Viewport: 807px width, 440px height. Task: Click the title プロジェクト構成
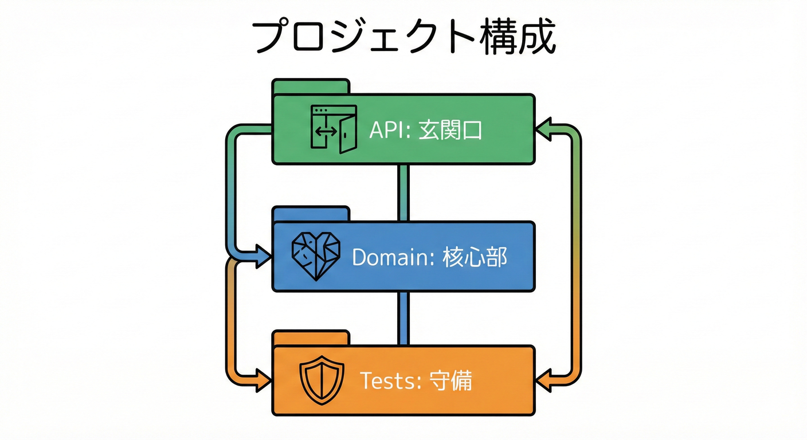pyautogui.click(x=403, y=38)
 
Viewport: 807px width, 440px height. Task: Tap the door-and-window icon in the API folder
pyautogui.click(x=333, y=129)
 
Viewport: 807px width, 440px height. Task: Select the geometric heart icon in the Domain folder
pyautogui.click(x=316, y=256)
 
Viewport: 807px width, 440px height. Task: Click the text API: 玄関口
pyautogui.click(x=425, y=131)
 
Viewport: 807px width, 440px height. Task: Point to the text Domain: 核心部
pyautogui.click(x=429, y=257)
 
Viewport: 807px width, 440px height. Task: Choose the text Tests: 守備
pyautogui.click(x=416, y=380)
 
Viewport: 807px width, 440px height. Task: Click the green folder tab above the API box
pyautogui.click(x=311, y=87)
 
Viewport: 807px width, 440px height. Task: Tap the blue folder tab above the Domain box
pyautogui.click(x=311, y=214)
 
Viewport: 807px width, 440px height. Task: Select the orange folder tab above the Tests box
pyautogui.click(x=311, y=338)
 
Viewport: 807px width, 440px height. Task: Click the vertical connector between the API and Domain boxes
pyautogui.click(x=403, y=192)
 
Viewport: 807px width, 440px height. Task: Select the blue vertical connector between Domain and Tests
pyautogui.click(x=403, y=318)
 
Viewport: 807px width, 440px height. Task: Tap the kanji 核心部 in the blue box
pyautogui.click(x=475, y=257)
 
